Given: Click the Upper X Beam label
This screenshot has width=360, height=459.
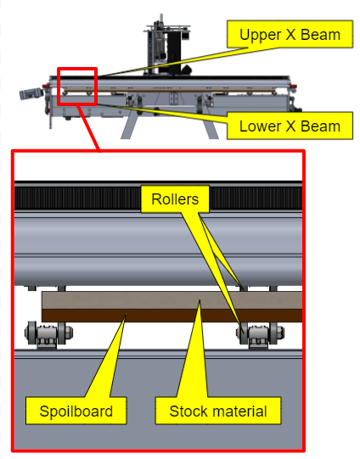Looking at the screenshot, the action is pos(290,34).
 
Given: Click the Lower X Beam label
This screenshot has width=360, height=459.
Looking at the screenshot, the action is pos(290,126).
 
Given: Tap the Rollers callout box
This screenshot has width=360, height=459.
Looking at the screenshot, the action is pos(175,199).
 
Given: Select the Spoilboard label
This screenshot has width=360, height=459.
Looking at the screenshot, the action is pos(76,411).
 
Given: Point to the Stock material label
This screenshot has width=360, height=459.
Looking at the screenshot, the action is pos(218,411).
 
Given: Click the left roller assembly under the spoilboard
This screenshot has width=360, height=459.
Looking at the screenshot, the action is pos(48,334).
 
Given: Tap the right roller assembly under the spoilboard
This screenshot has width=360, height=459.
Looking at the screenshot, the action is pos(260,334).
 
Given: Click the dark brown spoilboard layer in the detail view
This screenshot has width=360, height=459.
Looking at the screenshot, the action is pos(172,316).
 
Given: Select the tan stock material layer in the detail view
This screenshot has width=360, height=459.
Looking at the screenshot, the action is pos(172,300).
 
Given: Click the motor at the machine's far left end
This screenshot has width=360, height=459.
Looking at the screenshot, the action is pos(31,93).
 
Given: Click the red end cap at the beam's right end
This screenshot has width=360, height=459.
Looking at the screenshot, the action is pos(293,87).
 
